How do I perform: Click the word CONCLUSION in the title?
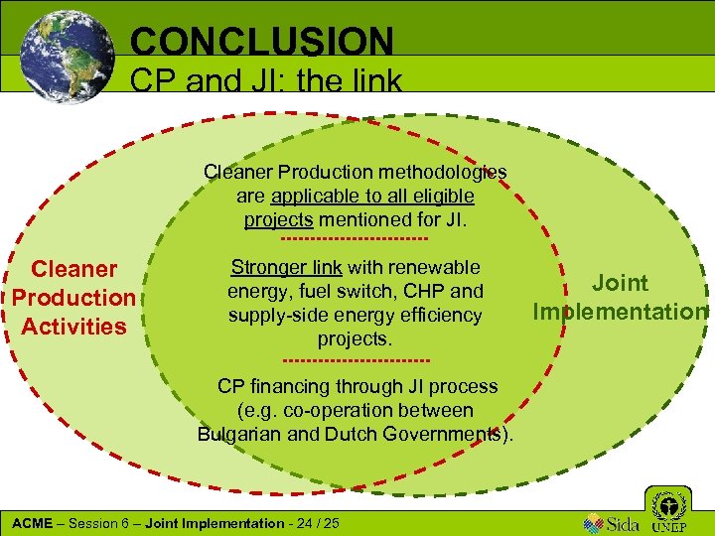pyautogui.click(x=262, y=42)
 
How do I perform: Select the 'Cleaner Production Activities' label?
pyautogui.click(x=73, y=298)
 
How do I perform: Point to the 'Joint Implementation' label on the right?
pyautogui.click(x=620, y=298)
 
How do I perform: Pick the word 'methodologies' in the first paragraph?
pyautogui.click(x=445, y=172)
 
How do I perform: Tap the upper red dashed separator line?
pyautogui.click(x=355, y=239)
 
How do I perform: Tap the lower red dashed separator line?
pyautogui.click(x=357, y=359)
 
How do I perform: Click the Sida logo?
pyautogui.click(x=609, y=522)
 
